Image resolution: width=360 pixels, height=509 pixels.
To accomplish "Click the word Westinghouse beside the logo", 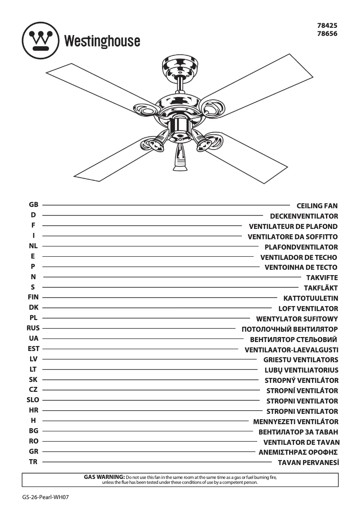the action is (102, 42).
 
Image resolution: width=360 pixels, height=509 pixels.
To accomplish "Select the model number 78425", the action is (328, 26).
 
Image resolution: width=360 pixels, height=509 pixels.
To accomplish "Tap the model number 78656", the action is (328, 34).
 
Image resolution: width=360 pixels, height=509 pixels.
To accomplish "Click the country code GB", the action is (33, 205).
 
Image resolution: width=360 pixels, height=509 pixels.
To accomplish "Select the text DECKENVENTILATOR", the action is (304, 216).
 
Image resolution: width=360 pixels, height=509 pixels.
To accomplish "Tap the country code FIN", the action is (33, 297).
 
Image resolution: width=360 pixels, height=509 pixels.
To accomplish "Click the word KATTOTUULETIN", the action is (311, 298).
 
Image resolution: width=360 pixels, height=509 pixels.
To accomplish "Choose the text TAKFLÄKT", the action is (320, 288).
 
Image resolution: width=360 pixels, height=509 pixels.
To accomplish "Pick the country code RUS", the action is (33, 328).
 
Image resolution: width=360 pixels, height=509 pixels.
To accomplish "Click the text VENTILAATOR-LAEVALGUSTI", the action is (291, 350).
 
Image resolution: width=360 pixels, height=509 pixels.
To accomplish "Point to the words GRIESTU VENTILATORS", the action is (301, 360).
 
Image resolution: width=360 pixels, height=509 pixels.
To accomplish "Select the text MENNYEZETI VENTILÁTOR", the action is (296, 421).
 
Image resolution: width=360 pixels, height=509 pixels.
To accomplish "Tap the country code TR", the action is (33, 462).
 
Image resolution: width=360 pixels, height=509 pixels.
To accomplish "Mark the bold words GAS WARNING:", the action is (104, 476).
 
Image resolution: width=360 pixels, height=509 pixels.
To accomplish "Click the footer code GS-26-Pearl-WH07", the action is (47, 497).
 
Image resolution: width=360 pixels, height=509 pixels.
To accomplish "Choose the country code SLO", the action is (33, 400).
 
